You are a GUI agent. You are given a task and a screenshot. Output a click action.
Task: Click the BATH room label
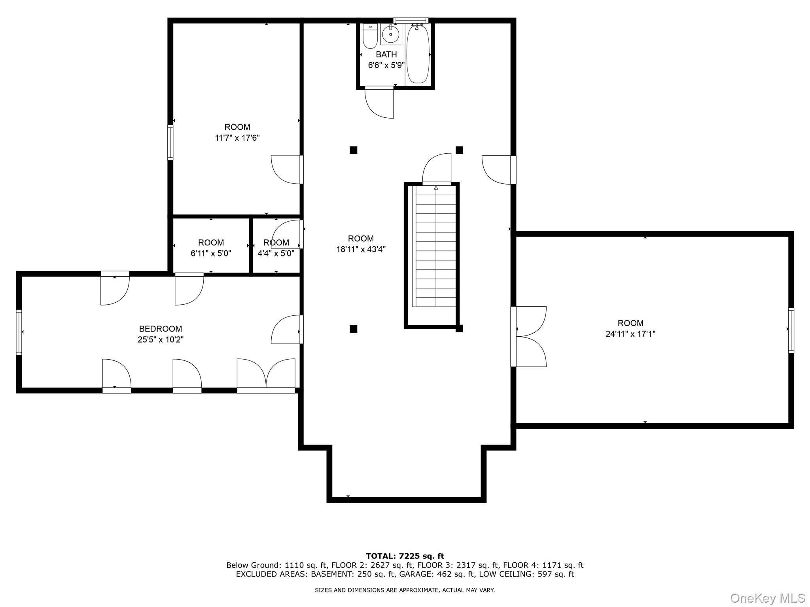(x=386, y=55)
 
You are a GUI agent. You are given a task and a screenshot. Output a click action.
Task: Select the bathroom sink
(x=391, y=34)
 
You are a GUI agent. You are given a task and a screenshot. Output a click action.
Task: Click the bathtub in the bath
(x=418, y=53)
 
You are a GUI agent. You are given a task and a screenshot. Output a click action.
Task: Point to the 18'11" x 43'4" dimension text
(x=361, y=249)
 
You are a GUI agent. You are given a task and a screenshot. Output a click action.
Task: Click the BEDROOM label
(x=161, y=329)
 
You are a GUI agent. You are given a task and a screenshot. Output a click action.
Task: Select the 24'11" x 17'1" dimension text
(x=630, y=334)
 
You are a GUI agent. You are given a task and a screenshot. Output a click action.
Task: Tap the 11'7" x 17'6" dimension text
(x=237, y=138)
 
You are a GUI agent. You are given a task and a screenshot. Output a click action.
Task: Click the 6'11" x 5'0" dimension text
(x=211, y=253)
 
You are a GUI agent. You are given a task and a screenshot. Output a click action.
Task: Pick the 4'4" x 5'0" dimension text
(x=276, y=253)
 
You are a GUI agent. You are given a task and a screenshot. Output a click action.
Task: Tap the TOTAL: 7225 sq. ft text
(x=405, y=556)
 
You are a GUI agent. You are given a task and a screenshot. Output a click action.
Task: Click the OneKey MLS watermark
(x=768, y=598)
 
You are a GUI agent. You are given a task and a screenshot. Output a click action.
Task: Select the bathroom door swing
(x=379, y=103)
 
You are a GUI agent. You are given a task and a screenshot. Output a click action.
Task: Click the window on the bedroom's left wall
(x=19, y=332)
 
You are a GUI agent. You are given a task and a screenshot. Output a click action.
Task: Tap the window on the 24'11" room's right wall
(x=791, y=330)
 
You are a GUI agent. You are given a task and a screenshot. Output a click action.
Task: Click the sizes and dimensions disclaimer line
(x=405, y=590)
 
